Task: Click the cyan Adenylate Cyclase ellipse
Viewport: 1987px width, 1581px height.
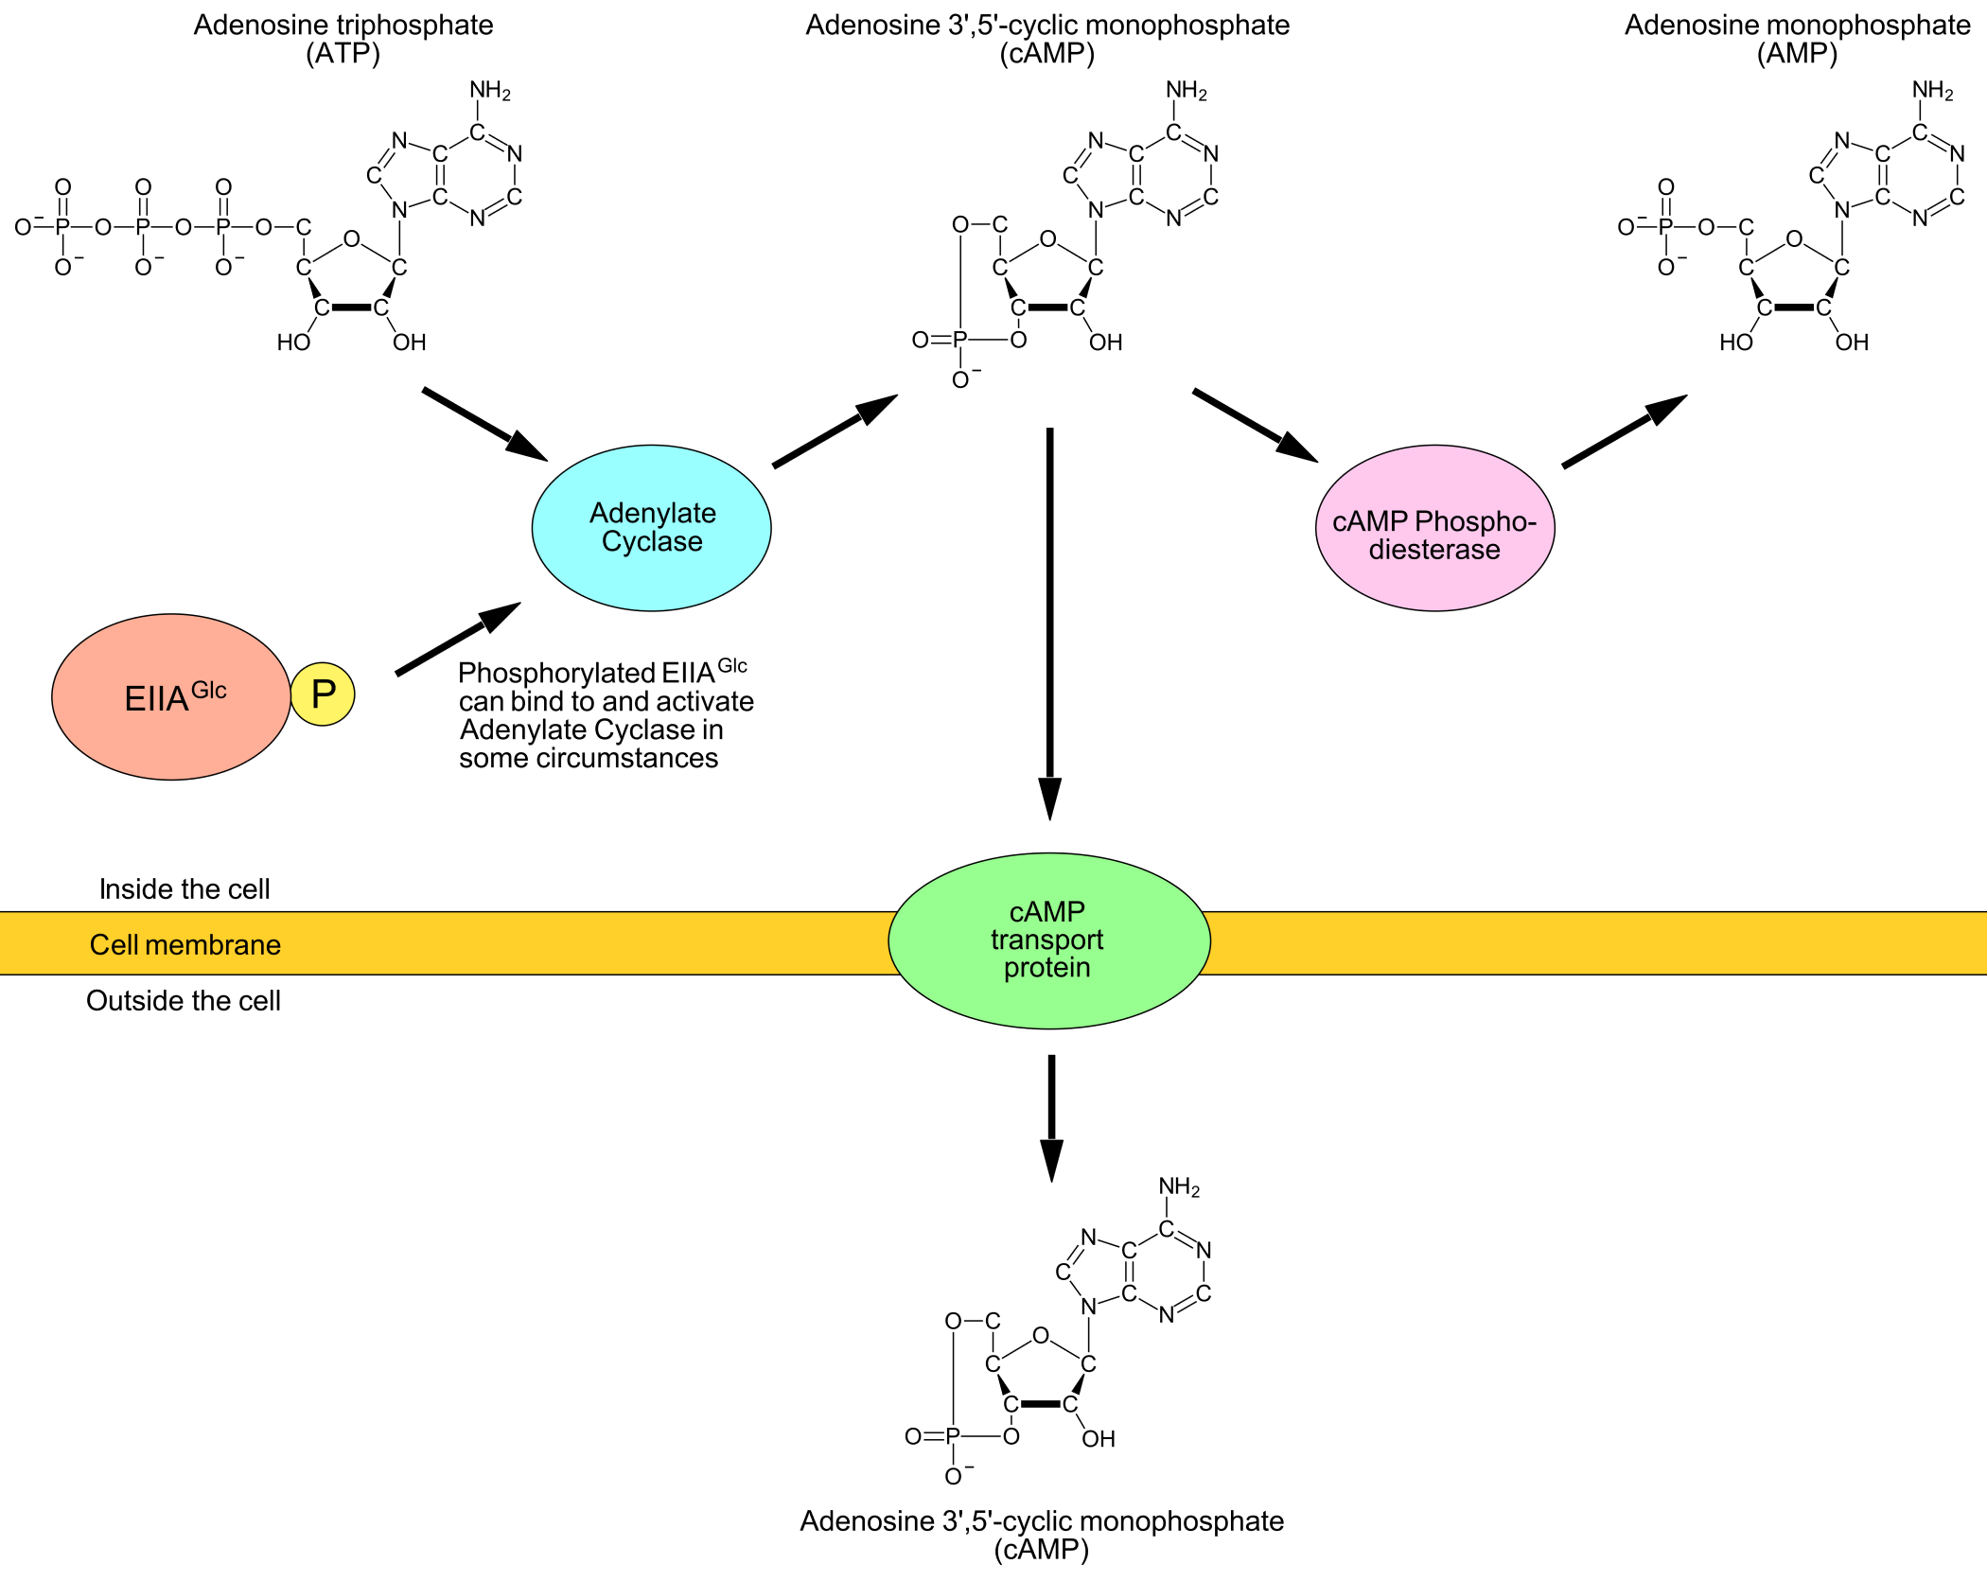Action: pyautogui.click(x=651, y=528)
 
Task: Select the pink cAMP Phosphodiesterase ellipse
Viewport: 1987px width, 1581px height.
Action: pyautogui.click(x=1434, y=528)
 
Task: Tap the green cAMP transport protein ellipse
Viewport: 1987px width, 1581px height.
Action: pyautogui.click(x=1048, y=940)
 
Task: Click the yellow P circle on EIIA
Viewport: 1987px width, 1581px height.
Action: pyautogui.click(x=323, y=694)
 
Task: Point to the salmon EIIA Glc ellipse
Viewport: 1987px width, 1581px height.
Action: pyautogui.click(x=171, y=697)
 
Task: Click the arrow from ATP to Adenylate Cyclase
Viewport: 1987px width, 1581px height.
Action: pyautogui.click(x=484, y=424)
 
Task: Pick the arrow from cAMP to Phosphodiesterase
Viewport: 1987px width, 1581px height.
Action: pyautogui.click(x=1255, y=425)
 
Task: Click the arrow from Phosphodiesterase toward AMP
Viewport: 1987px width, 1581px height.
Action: pyautogui.click(x=1624, y=430)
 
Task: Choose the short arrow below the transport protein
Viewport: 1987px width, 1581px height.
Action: pyautogui.click(x=1051, y=1117)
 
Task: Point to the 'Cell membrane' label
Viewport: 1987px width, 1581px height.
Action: pyautogui.click(x=185, y=944)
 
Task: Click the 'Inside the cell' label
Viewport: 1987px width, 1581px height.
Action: pyautogui.click(x=185, y=889)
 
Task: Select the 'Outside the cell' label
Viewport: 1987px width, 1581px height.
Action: pyautogui.click(x=184, y=1001)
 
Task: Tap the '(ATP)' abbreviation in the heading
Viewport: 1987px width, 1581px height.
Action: pyautogui.click(x=343, y=54)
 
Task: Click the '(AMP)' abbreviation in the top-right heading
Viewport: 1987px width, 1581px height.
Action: pyautogui.click(x=1797, y=54)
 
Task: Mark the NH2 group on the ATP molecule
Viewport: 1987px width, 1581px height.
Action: pyautogui.click(x=490, y=91)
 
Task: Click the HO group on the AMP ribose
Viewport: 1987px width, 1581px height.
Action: pyautogui.click(x=1736, y=343)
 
